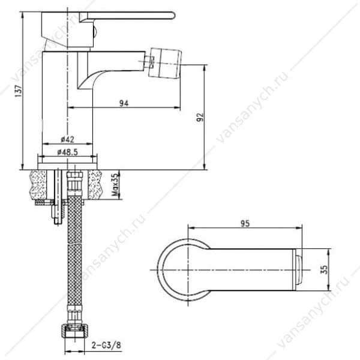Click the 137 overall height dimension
[18, 91]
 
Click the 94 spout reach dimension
[124, 103]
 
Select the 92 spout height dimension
[200, 117]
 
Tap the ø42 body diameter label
[67, 139]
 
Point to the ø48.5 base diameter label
[67, 152]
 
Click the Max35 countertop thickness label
[116, 184]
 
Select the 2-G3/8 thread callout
[106, 345]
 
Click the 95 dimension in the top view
[245, 223]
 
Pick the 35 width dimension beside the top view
[325, 269]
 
